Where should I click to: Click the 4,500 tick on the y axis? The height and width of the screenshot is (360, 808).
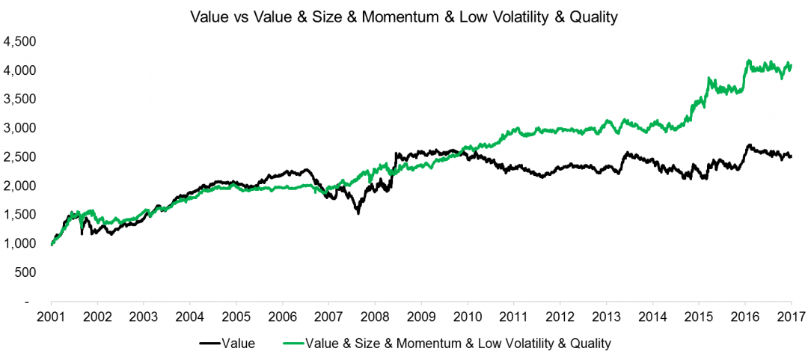pyautogui.click(x=20, y=41)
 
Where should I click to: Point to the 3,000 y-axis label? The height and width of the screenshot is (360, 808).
pyautogui.click(x=20, y=128)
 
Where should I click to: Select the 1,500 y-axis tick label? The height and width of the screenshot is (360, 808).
pyautogui.click(x=20, y=215)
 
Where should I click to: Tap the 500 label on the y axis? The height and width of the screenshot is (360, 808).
pyautogui.click(x=26, y=272)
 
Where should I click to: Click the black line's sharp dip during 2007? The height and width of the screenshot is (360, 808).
pyautogui.click(x=358, y=213)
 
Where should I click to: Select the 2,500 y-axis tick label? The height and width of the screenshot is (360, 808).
pyautogui.click(x=20, y=157)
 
